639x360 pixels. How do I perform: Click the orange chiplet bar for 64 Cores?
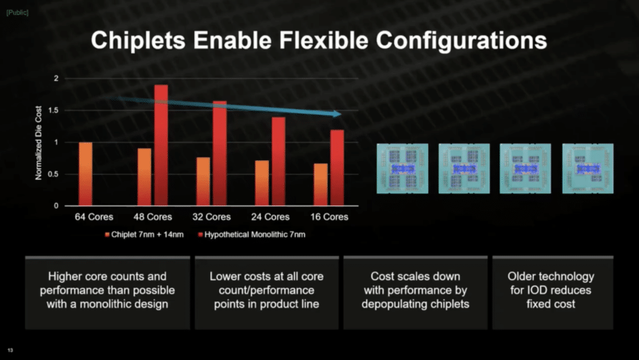click(85, 174)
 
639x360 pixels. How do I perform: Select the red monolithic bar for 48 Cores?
click(161, 145)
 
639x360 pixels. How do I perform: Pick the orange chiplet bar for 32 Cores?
click(203, 181)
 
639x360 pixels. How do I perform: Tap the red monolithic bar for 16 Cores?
click(337, 168)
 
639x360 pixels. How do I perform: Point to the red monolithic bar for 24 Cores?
click(278, 161)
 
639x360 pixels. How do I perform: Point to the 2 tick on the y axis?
click(56, 79)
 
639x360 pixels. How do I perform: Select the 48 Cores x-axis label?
click(153, 217)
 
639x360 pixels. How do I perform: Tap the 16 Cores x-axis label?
click(329, 217)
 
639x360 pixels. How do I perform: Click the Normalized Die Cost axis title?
click(39, 142)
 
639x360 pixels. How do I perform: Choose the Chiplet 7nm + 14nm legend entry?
click(144, 235)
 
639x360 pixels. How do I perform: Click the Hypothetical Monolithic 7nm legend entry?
click(251, 235)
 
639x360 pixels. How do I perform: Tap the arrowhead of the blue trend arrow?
click(337, 114)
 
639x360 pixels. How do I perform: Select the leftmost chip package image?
click(402, 168)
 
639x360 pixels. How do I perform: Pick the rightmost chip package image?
click(588, 168)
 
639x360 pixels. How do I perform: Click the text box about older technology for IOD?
click(553, 293)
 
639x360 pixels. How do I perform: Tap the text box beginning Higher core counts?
click(107, 293)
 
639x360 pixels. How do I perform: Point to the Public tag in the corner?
click(17, 12)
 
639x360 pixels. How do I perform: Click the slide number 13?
click(10, 350)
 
